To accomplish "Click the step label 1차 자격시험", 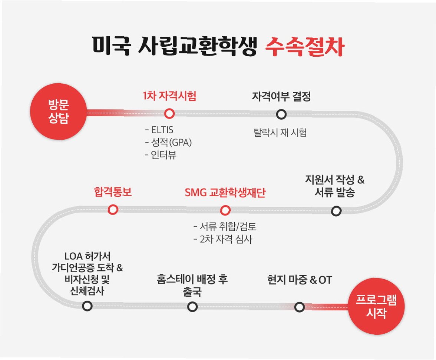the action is click(x=169, y=96).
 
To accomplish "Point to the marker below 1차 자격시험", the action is click(x=169, y=113).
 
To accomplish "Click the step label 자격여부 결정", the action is click(x=281, y=97).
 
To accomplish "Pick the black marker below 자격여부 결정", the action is click(x=281, y=114).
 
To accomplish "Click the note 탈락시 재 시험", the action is click(x=280, y=132).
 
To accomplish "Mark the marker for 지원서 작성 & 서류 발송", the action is click(x=336, y=211).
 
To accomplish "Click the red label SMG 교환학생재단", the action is click(x=225, y=193).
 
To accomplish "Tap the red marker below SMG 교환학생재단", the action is click(x=225, y=210).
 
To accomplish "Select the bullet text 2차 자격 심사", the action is click(x=223, y=239).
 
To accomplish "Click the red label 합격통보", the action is click(x=113, y=193).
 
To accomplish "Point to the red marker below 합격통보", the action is click(x=113, y=210).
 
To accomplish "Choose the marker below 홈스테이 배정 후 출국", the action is click(x=192, y=307).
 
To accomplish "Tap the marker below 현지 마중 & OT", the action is click(x=300, y=307).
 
